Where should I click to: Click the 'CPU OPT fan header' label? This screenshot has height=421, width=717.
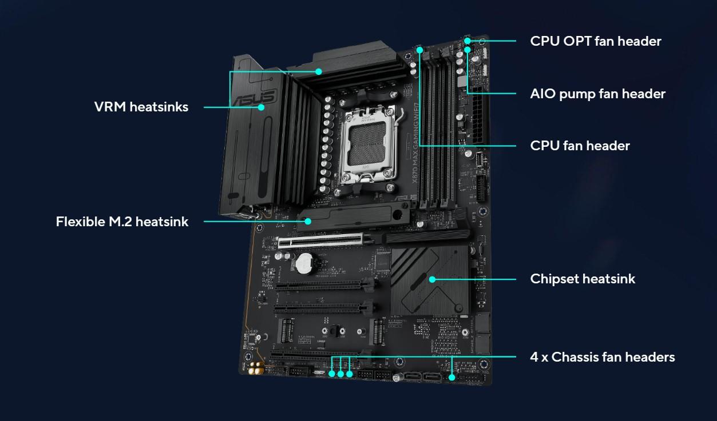(x=595, y=41)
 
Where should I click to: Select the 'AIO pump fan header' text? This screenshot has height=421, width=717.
(x=597, y=94)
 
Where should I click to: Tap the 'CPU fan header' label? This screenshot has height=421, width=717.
(x=580, y=146)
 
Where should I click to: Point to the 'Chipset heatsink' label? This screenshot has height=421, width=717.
(x=583, y=279)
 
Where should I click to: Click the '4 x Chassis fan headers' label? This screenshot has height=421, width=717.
(x=603, y=357)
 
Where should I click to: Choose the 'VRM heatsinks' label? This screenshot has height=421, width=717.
(x=141, y=107)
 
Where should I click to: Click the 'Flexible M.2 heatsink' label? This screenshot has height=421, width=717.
(x=122, y=222)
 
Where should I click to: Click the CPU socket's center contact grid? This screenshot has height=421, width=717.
(x=367, y=144)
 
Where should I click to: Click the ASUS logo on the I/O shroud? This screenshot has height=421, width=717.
(x=255, y=98)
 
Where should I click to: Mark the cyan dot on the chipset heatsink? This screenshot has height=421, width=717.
(x=432, y=279)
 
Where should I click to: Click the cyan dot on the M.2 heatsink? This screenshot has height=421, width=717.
(x=308, y=221)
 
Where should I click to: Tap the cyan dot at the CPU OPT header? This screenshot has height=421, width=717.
(x=468, y=41)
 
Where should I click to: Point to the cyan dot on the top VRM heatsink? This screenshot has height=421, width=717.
(x=319, y=71)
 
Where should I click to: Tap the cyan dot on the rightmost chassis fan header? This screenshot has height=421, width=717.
(x=451, y=377)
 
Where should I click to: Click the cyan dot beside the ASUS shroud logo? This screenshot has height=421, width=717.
(x=261, y=107)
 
